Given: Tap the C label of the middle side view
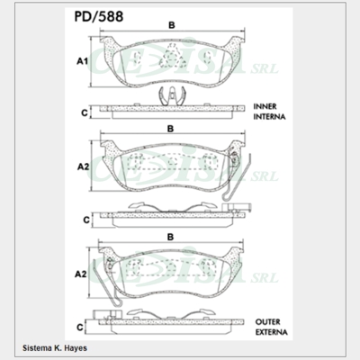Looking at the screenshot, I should coord(84,219).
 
